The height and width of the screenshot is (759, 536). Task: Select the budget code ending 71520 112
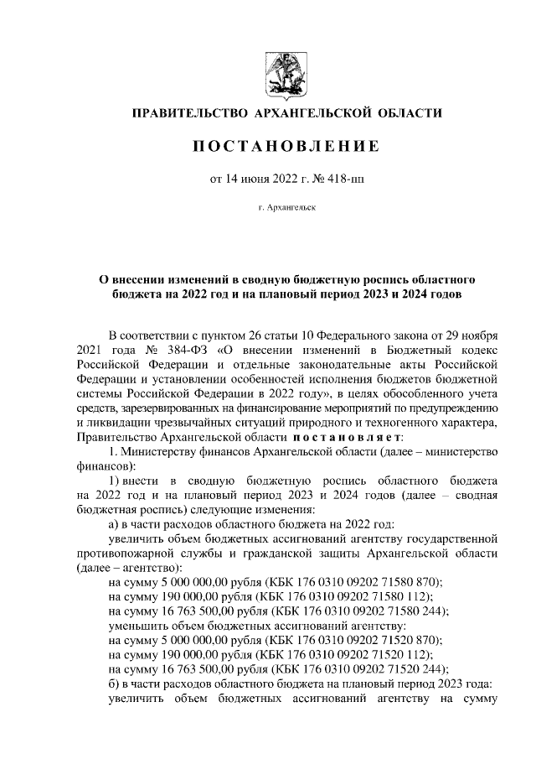point(358,654)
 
